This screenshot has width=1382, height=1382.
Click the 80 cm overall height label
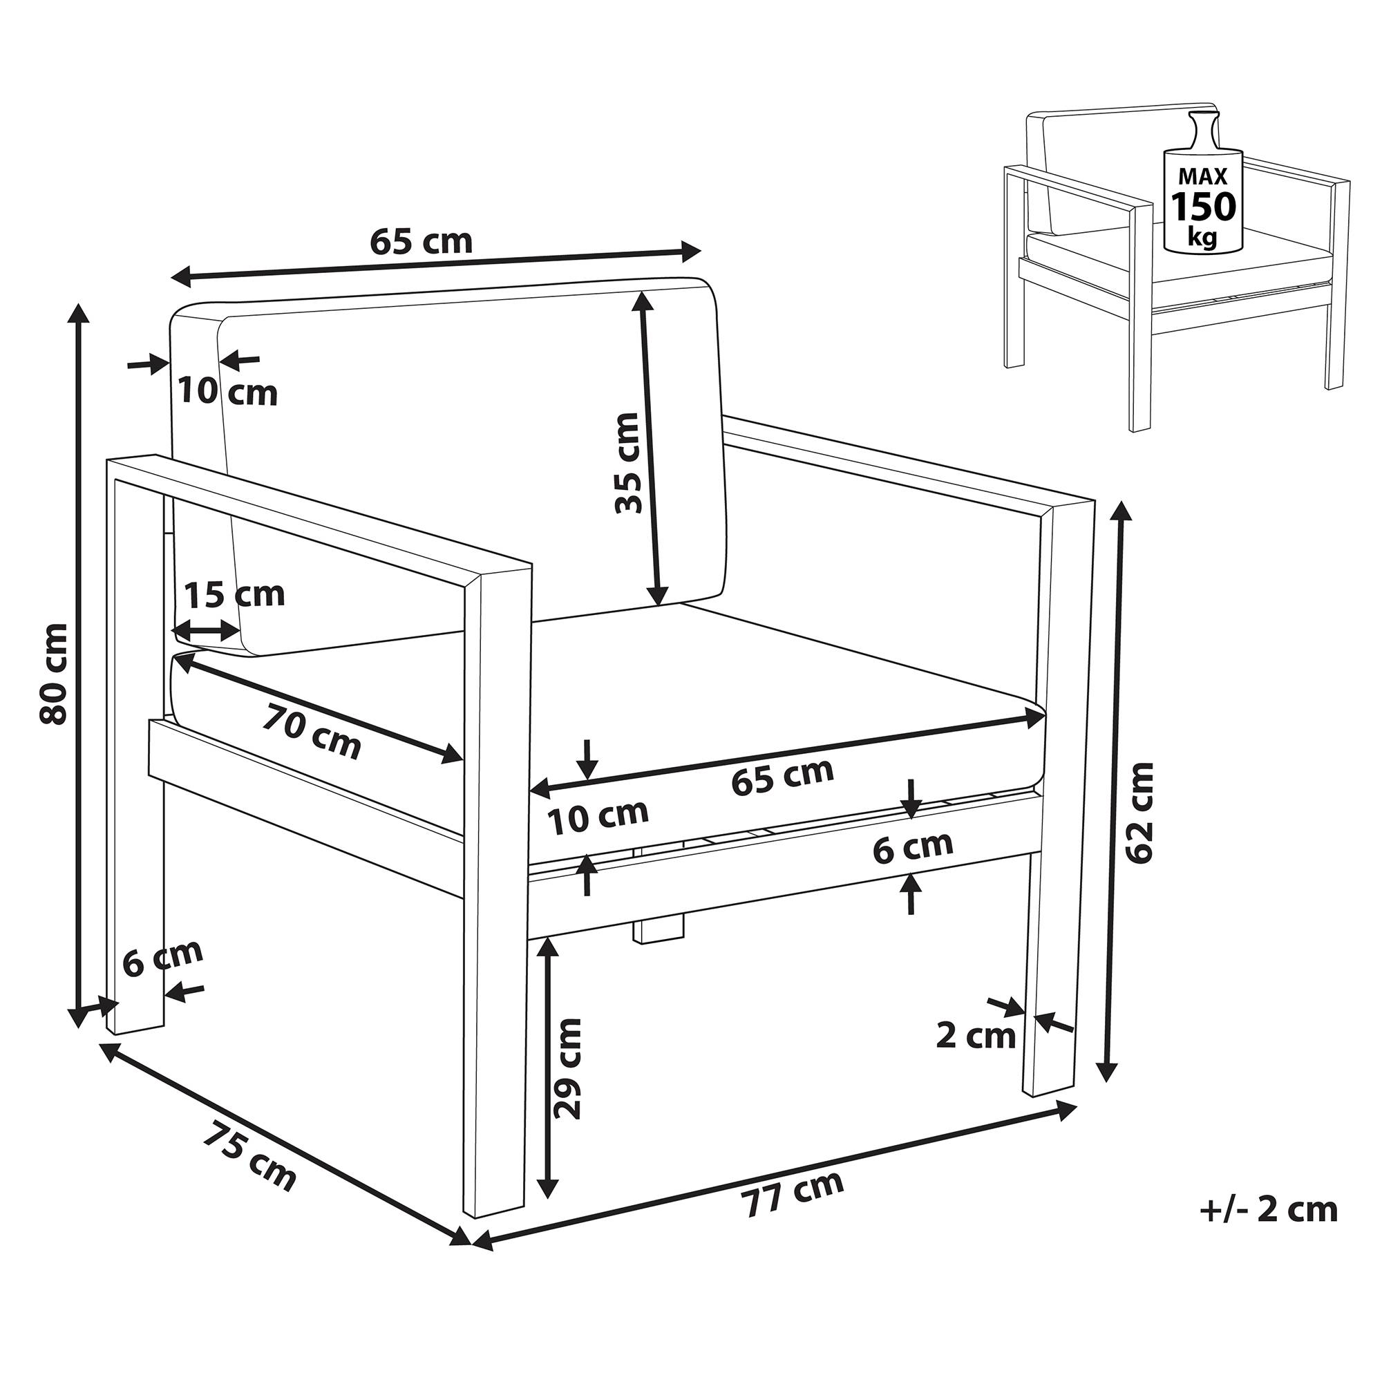pos(55,673)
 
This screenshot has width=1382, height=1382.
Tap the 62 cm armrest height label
pos(1139,813)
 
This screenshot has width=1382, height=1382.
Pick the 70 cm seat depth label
pos(311,730)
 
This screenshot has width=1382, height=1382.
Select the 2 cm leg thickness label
pos(976,1036)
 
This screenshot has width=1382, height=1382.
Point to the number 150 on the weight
pos(1203,206)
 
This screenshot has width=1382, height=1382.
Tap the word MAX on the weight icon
pos(1202,176)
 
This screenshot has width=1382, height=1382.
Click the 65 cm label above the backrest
pos(422,243)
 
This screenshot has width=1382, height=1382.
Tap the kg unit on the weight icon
pos(1202,237)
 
